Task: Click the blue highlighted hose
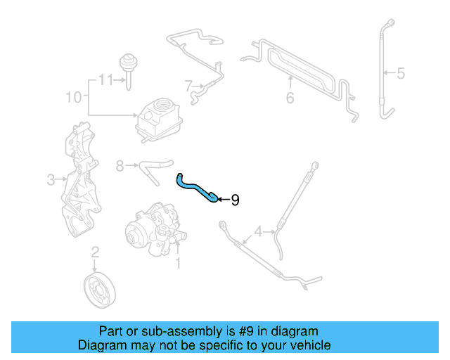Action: [x=196, y=188]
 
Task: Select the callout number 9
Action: [x=235, y=200]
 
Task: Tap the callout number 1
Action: [x=178, y=263]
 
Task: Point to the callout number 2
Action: [x=96, y=252]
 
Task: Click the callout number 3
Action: [x=51, y=181]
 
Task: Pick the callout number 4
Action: [x=258, y=231]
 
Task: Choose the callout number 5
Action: [x=401, y=72]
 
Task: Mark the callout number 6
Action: [x=290, y=98]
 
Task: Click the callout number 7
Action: [x=188, y=86]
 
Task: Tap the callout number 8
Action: [x=120, y=166]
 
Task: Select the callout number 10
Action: [x=73, y=97]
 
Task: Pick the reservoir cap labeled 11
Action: [x=129, y=63]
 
